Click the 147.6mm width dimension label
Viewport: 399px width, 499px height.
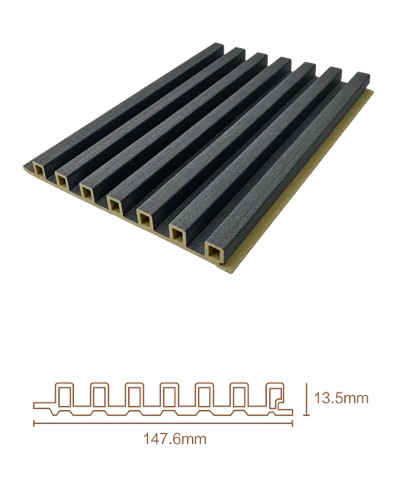pyautogui.click(x=175, y=439)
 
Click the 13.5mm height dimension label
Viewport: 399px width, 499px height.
pyautogui.click(x=341, y=398)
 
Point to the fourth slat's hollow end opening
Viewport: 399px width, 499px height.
pyautogui.click(x=115, y=204)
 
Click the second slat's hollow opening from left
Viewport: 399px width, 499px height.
pyautogui.click(x=62, y=180)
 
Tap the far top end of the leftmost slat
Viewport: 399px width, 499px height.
pyautogui.click(x=216, y=45)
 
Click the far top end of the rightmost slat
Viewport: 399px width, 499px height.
pyautogui.click(x=362, y=76)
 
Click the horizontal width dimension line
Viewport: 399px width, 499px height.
pyautogui.click(x=163, y=423)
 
